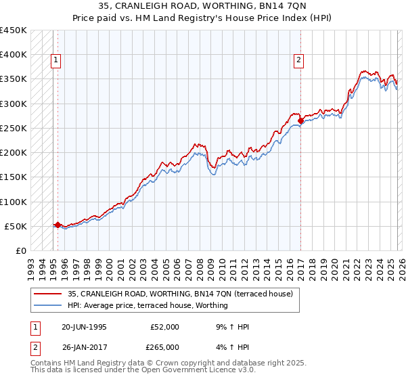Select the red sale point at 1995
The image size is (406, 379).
pyautogui.click(x=58, y=225)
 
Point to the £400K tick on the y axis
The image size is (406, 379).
pyautogui.click(x=14, y=55)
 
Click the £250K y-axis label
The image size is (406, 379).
pyautogui.click(x=14, y=128)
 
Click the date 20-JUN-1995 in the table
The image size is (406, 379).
pyautogui.click(x=84, y=327)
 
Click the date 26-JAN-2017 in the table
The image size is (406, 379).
pyautogui.click(x=84, y=347)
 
